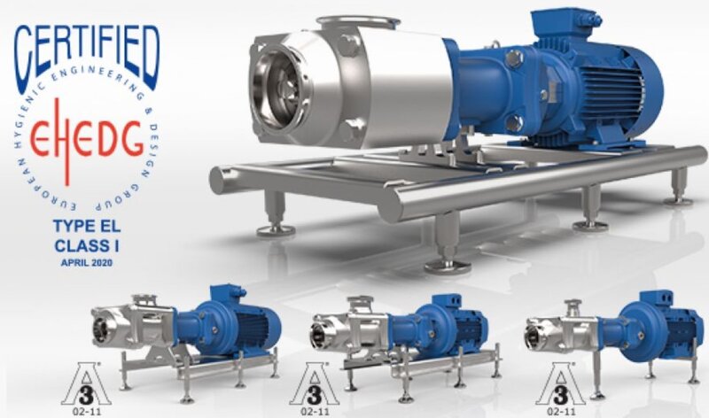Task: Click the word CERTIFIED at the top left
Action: (x=86, y=57)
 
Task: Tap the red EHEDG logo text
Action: (x=86, y=139)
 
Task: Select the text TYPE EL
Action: (x=87, y=226)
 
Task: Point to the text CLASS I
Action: (x=87, y=245)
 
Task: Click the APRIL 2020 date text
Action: (x=87, y=262)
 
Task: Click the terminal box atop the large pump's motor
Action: (x=566, y=26)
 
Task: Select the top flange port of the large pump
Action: (x=357, y=21)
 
